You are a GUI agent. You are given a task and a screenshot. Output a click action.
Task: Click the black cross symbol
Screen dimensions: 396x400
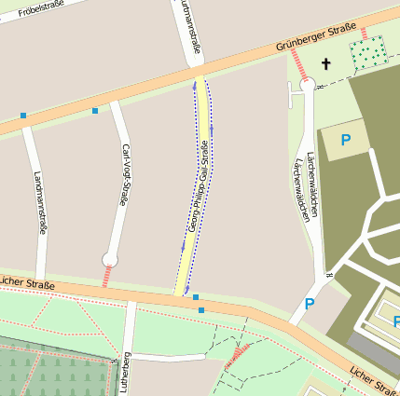click(326, 63)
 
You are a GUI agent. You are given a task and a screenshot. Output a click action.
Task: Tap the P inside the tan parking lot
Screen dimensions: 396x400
click(345, 141)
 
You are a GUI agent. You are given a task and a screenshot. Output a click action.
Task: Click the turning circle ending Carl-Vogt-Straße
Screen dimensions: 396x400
click(111, 259)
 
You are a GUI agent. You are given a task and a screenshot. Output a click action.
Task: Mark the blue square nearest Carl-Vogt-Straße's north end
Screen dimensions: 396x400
click(95, 111)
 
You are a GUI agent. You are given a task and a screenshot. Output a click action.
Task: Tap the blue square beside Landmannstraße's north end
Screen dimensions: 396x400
click(22, 116)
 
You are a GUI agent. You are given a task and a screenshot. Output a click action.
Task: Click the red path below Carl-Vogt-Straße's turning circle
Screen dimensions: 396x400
click(106, 276)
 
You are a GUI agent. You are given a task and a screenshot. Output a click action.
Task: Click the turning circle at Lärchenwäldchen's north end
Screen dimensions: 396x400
click(307, 84)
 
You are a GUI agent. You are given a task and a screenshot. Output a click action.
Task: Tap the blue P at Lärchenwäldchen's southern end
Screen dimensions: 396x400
click(310, 304)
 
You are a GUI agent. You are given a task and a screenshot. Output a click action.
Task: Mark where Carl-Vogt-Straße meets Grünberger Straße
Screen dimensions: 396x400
click(114, 99)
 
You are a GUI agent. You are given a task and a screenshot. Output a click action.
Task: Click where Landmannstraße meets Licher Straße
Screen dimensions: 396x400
click(41, 277)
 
